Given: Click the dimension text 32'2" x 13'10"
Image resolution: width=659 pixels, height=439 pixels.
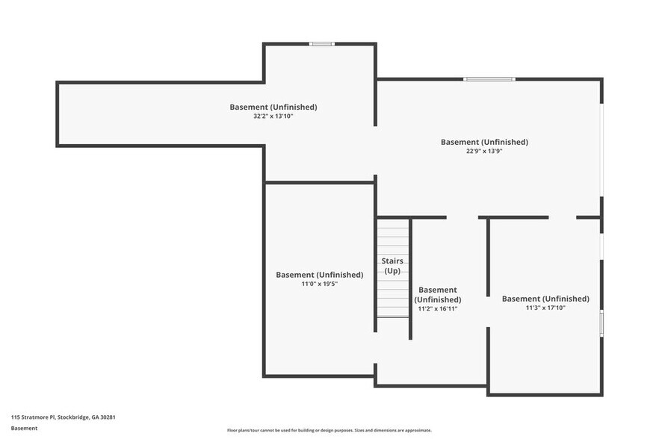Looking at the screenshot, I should click(x=273, y=116).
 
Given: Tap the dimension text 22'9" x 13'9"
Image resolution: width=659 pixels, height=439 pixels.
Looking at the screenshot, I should click(x=484, y=152).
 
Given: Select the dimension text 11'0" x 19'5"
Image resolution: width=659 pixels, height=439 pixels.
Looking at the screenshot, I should click(x=319, y=284).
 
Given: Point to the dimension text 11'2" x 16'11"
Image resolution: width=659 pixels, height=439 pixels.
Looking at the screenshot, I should click(x=437, y=308).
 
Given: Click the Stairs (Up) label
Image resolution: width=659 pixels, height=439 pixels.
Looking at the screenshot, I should click(x=392, y=265).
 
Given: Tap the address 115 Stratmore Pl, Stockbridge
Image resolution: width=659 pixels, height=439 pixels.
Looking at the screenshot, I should click(x=63, y=417).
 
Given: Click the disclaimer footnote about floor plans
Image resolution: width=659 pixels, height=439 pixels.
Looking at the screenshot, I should click(x=329, y=430).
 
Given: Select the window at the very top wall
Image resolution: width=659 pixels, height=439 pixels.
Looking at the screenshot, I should click(x=322, y=43).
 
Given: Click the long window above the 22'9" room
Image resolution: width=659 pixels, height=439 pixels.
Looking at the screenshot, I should click(x=489, y=79).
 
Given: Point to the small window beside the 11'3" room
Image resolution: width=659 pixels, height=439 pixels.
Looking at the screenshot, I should click(x=601, y=323).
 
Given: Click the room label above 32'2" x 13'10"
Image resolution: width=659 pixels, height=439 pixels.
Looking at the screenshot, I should click(x=273, y=107).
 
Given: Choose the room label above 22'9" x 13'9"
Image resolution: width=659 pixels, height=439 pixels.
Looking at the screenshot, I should click(x=484, y=142).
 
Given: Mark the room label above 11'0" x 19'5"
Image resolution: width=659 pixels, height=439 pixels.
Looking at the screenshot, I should click(x=319, y=275).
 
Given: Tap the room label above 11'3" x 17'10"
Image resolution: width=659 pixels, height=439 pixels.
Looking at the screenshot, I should click(x=545, y=299).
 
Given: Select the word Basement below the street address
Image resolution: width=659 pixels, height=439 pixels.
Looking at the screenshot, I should click(x=24, y=429).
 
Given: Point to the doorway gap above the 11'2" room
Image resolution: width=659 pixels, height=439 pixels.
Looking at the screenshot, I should click(x=462, y=217).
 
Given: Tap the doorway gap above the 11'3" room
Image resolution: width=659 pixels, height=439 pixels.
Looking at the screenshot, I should click(x=562, y=217).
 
